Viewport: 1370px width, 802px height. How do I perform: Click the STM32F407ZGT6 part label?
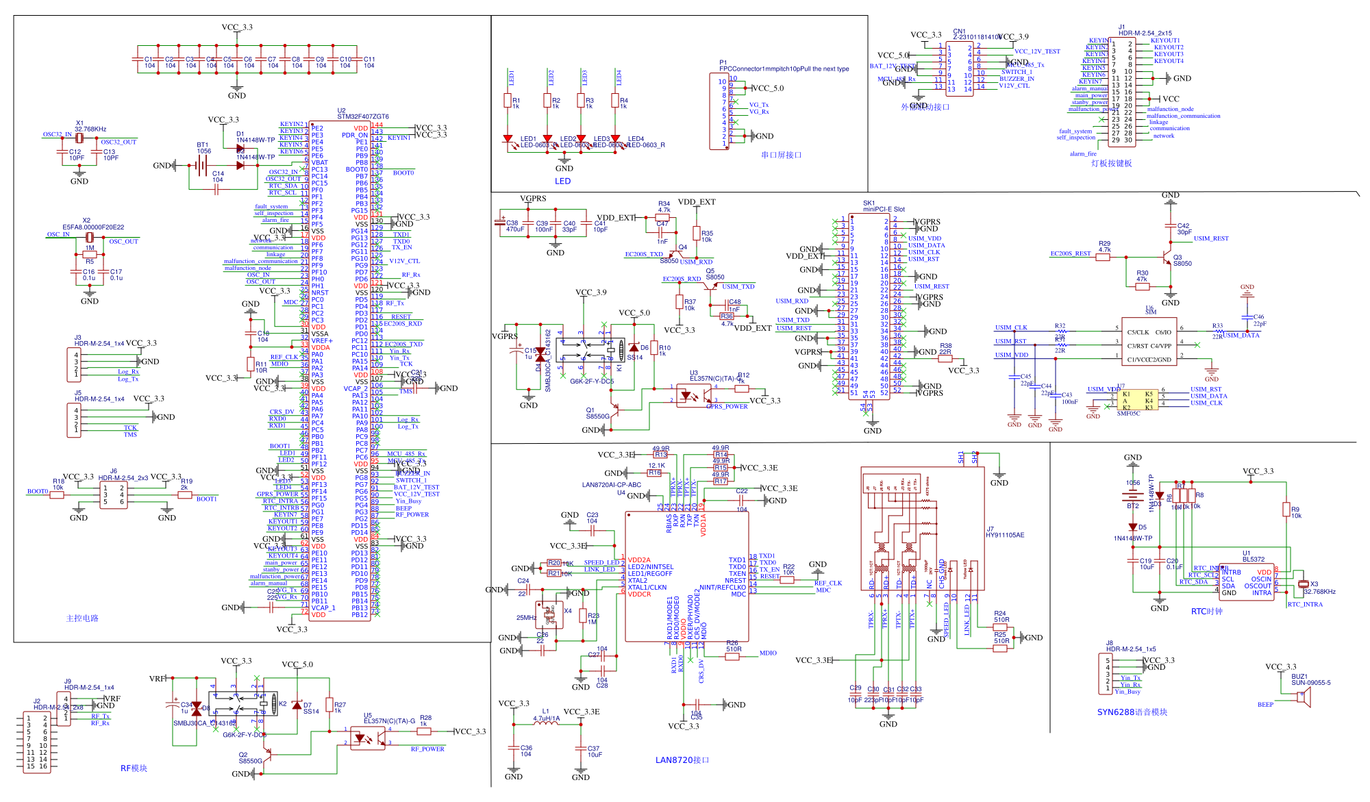coord(362,116)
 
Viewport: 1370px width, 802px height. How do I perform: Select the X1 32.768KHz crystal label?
coord(90,129)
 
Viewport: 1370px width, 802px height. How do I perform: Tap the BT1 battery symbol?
coord(202,164)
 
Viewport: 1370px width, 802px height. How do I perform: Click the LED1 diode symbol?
coord(508,139)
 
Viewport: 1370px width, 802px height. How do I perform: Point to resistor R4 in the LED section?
coord(615,102)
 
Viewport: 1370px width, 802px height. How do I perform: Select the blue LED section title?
coord(562,181)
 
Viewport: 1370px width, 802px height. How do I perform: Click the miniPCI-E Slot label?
coord(884,210)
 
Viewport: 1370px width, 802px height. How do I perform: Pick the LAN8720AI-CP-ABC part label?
coord(611,485)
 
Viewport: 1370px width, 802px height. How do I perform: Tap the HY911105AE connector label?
coord(1005,535)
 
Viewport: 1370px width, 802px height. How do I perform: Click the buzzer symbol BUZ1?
coord(1303,697)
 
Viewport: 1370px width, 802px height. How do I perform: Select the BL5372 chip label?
coord(1254,560)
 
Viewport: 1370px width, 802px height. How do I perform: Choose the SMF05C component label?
coord(1128,414)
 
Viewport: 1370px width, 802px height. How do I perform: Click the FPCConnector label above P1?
coord(784,69)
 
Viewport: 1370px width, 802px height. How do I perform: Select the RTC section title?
coord(1206,612)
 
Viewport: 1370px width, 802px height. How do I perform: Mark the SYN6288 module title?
coord(1132,712)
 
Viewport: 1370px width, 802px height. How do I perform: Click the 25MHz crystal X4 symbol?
coord(549,614)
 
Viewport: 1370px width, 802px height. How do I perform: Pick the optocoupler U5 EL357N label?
coord(389,721)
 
